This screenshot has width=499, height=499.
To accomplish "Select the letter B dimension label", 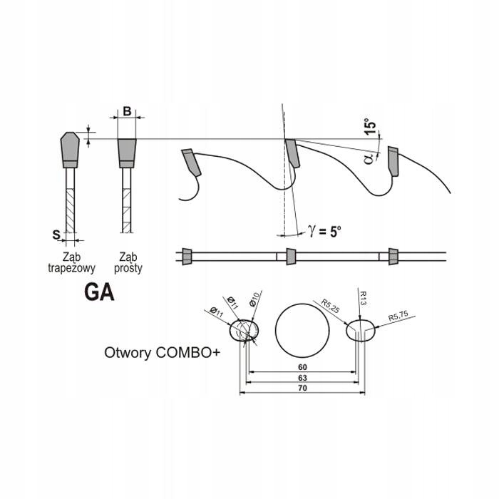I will tap(126, 111).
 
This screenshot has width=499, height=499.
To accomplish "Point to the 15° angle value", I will tap(369, 129).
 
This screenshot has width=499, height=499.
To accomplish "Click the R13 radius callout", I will tap(363, 297).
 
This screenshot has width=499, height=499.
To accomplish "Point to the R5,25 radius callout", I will tap(330, 306).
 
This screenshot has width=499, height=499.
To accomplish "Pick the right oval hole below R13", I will tap(361, 330).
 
